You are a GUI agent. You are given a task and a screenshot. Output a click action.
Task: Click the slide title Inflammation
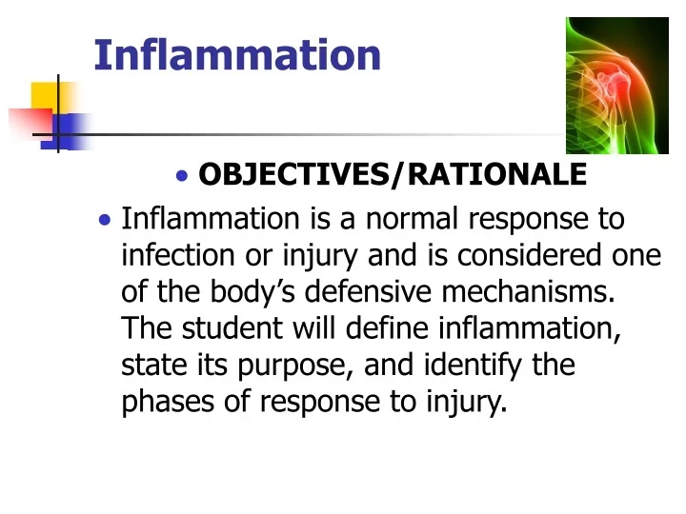237,54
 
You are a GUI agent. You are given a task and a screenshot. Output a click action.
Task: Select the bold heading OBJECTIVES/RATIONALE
392,174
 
